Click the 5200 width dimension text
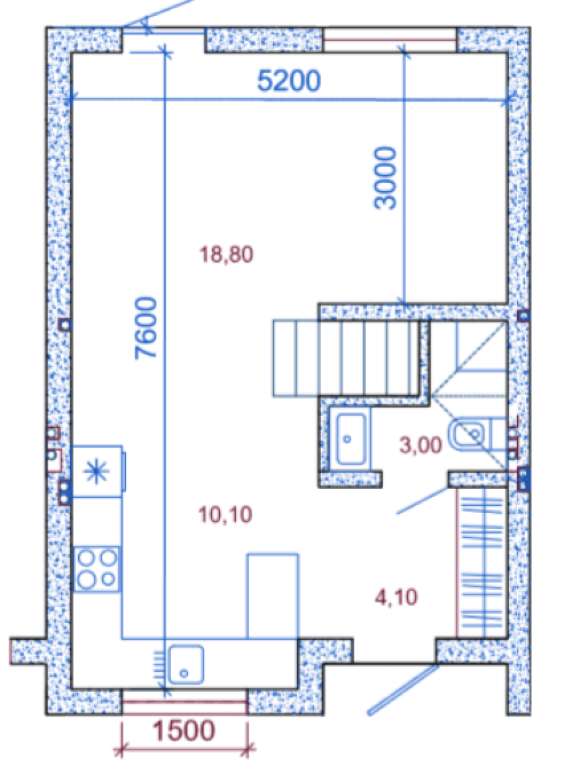pyautogui.click(x=289, y=81)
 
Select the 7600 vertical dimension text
pyautogui.click(x=146, y=328)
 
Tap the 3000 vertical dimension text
pyautogui.click(x=385, y=178)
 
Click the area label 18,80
pyautogui.click(x=227, y=255)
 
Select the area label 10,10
pyautogui.click(x=225, y=515)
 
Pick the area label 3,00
pyautogui.click(x=420, y=445)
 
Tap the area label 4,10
pyautogui.click(x=396, y=597)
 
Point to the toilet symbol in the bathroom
pyautogui.click(x=477, y=434)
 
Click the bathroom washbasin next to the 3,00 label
pyautogui.click(x=350, y=439)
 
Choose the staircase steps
pyautogui.click(x=346, y=358)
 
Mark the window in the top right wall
pyautogui.click(x=390, y=40)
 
